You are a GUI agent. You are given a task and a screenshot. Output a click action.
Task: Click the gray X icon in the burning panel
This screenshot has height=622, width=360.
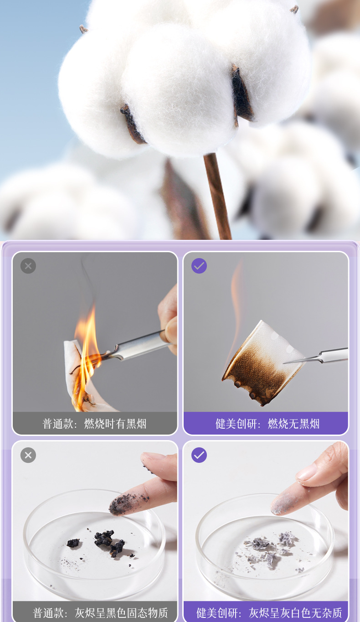tap(28, 266)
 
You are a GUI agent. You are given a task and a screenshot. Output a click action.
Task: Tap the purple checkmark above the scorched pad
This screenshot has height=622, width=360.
tap(199, 266)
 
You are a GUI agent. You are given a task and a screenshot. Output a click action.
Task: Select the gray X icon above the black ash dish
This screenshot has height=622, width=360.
tap(28, 455)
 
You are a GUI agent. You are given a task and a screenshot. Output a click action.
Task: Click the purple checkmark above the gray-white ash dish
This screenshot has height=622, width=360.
tap(199, 455)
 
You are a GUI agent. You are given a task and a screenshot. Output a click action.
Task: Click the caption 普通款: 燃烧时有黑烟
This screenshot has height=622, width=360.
tap(94, 424)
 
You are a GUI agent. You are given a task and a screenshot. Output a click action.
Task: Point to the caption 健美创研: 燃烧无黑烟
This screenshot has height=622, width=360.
tap(267, 424)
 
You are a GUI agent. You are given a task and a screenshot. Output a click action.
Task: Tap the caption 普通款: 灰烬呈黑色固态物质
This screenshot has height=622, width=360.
tap(100, 613)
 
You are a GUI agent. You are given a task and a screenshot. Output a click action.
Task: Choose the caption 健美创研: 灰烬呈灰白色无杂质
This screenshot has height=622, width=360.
tap(269, 613)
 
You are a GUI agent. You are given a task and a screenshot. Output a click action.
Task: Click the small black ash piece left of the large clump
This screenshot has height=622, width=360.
tap(73, 543)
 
